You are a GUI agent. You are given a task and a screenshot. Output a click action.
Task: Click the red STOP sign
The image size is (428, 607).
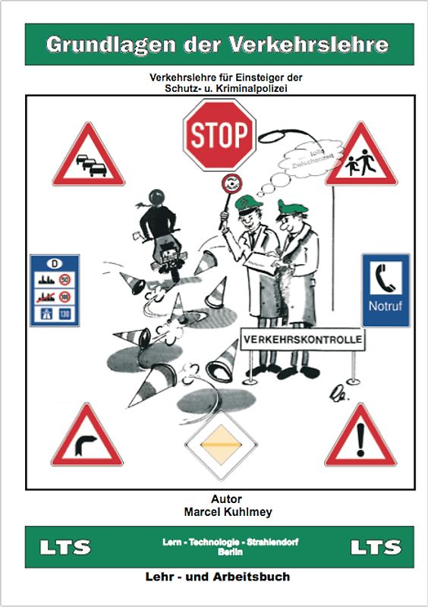[x=219, y=134]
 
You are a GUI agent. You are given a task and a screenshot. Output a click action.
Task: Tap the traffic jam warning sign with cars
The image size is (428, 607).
[x=88, y=159]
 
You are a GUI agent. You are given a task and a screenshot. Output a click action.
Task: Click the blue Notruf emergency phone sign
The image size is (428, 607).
[x=385, y=290]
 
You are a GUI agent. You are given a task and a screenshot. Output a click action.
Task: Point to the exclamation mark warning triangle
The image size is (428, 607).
[x=360, y=439]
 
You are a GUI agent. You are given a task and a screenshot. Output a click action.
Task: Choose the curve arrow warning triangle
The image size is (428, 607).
[x=87, y=439]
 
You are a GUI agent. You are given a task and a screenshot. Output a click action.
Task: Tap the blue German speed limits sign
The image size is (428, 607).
[x=54, y=290]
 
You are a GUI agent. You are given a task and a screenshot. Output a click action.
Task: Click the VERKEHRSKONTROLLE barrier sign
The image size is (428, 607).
[x=301, y=338]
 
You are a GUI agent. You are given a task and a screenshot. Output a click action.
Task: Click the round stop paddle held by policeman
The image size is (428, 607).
[x=231, y=184]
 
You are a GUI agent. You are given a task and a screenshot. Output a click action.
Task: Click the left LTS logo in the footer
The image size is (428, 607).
[x=65, y=547]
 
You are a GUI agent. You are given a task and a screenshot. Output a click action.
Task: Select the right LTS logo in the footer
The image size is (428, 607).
[x=375, y=547]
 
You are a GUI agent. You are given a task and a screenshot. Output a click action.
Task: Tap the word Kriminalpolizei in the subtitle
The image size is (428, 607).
[x=258, y=88]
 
